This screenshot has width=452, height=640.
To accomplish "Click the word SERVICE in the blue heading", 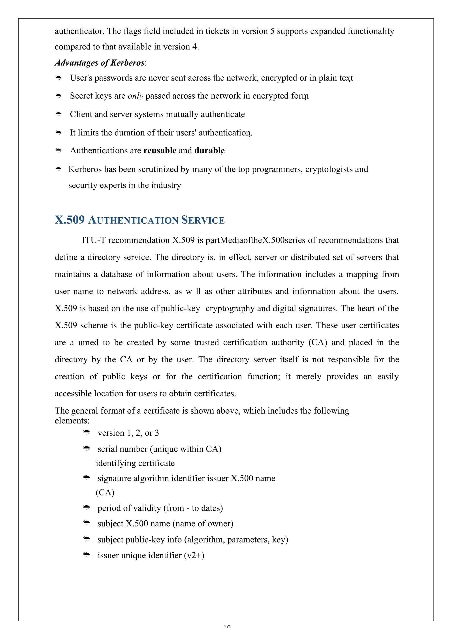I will tap(203, 220).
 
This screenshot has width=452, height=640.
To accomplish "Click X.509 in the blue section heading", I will tap(70, 220).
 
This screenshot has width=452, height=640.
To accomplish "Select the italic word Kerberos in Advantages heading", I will tap(127, 63).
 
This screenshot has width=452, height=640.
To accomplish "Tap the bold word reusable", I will tap(160, 151).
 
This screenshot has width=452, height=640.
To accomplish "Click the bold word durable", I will tap(209, 151).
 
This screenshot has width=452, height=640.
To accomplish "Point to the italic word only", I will tap(135, 96).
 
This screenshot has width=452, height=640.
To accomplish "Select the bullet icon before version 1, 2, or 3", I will tap(87, 433).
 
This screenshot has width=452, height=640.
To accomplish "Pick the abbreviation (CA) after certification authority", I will tap(318, 342).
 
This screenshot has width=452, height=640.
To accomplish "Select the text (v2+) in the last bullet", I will tap(194, 555).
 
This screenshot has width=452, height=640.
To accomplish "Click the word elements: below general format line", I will tap(72, 421).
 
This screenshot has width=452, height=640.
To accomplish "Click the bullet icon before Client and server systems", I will tap(58, 114).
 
